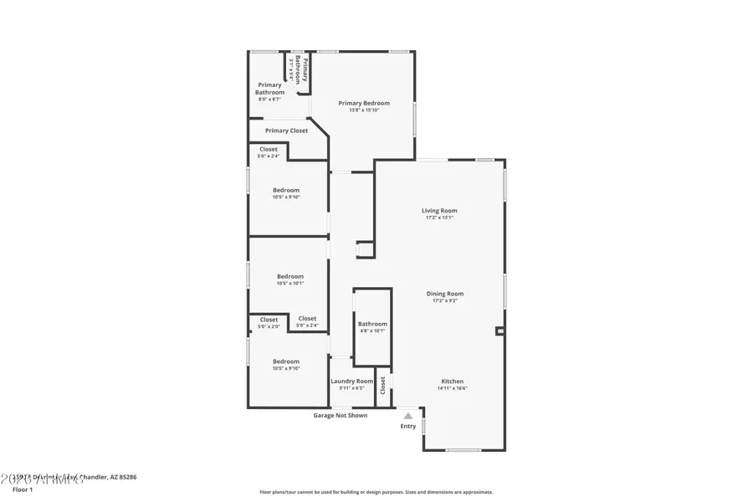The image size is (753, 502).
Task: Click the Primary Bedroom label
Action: coord(364,103)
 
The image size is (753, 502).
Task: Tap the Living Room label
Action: coord(439,211)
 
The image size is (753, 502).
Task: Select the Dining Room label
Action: coord(444,294)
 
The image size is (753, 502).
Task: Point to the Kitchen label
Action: coord(452,382)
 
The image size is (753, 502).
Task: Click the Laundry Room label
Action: coord(351,382)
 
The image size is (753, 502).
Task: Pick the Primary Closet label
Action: coord(286,131)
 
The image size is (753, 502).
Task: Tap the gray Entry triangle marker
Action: coord(407,415)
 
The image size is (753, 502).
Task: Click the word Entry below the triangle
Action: coord(407,427)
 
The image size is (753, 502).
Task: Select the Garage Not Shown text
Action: coord(340,415)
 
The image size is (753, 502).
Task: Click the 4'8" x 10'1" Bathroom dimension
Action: coord(372,330)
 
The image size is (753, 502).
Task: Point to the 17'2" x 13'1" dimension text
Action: coord(439,218)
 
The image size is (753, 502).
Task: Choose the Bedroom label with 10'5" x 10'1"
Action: coord(290,276)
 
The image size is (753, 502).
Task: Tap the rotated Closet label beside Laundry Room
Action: coord(382,386)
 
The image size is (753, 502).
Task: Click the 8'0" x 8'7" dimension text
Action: coord(269,100)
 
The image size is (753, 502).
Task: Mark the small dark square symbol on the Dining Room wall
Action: coord(500,331)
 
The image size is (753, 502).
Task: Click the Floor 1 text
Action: coord(23,489)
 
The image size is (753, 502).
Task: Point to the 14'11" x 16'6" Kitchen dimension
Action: coord(452,388)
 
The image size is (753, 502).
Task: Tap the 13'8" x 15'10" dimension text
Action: coord(364,110)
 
